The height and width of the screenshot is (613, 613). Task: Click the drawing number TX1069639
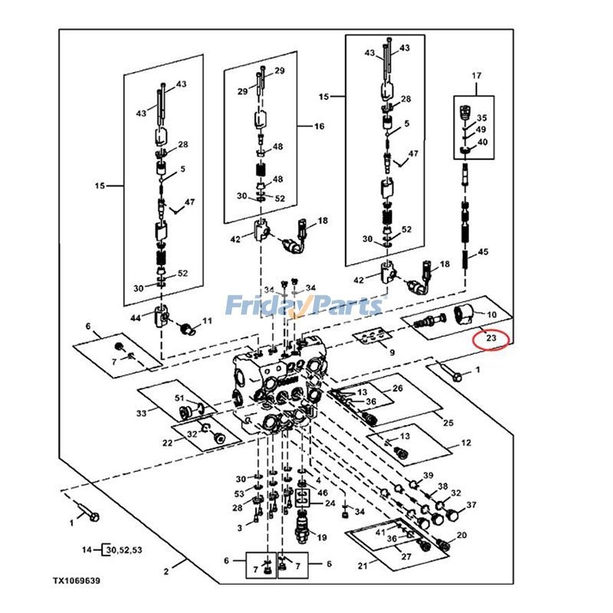(76, 582)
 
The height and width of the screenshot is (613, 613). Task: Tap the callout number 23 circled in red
(491, 337)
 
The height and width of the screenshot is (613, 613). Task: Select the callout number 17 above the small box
(476, 75)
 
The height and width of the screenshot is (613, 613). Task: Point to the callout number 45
(483, 252)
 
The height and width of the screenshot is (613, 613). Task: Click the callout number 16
(320, 126)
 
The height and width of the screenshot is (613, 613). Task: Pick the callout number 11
(206, 320)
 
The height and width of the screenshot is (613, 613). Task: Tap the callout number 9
(392, 353)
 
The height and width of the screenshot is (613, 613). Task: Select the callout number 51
(180, 398)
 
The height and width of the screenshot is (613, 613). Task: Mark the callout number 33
(141, 414)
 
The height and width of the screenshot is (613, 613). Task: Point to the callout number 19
(322, 537)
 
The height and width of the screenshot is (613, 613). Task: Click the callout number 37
(471, 505)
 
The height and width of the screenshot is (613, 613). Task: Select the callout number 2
(166, 572)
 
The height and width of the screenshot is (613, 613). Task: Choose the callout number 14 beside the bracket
(87, 550)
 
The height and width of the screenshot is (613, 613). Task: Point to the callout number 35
(482, 118)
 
